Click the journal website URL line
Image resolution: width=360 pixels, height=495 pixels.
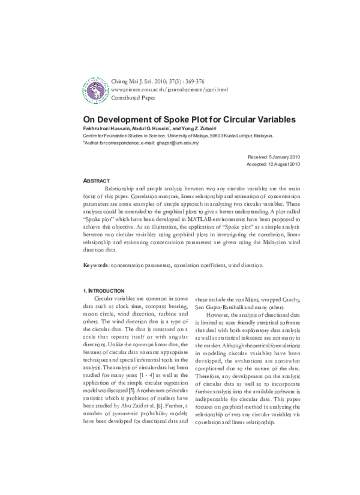(170, 89)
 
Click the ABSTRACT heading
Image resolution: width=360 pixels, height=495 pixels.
(96, 180)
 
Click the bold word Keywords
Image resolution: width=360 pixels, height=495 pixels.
(95, 265)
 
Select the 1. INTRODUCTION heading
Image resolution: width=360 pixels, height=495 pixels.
(104, 290)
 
